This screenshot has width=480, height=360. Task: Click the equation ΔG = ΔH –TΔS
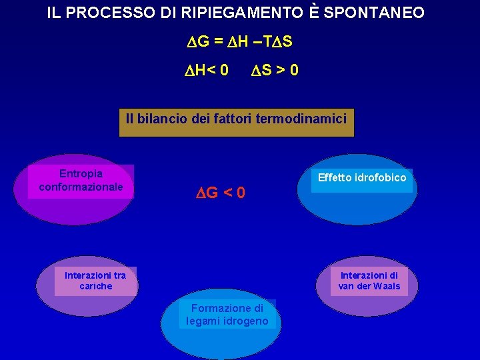(239, 41)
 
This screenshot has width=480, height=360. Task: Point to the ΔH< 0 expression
(206, 69)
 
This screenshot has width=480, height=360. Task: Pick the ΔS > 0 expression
(274, 69)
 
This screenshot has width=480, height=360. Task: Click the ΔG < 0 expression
(220, 193)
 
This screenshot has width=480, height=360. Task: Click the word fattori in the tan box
(237, 119)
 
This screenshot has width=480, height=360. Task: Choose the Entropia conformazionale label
(81, 180)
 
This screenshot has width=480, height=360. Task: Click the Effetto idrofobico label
(362, 177)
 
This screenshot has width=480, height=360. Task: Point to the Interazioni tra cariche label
(95, 281)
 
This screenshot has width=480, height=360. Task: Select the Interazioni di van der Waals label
(369, 281)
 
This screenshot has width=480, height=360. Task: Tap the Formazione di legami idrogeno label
(227, 315)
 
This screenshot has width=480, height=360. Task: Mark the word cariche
(95, 286)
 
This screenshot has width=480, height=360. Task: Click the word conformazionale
(81, 187)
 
